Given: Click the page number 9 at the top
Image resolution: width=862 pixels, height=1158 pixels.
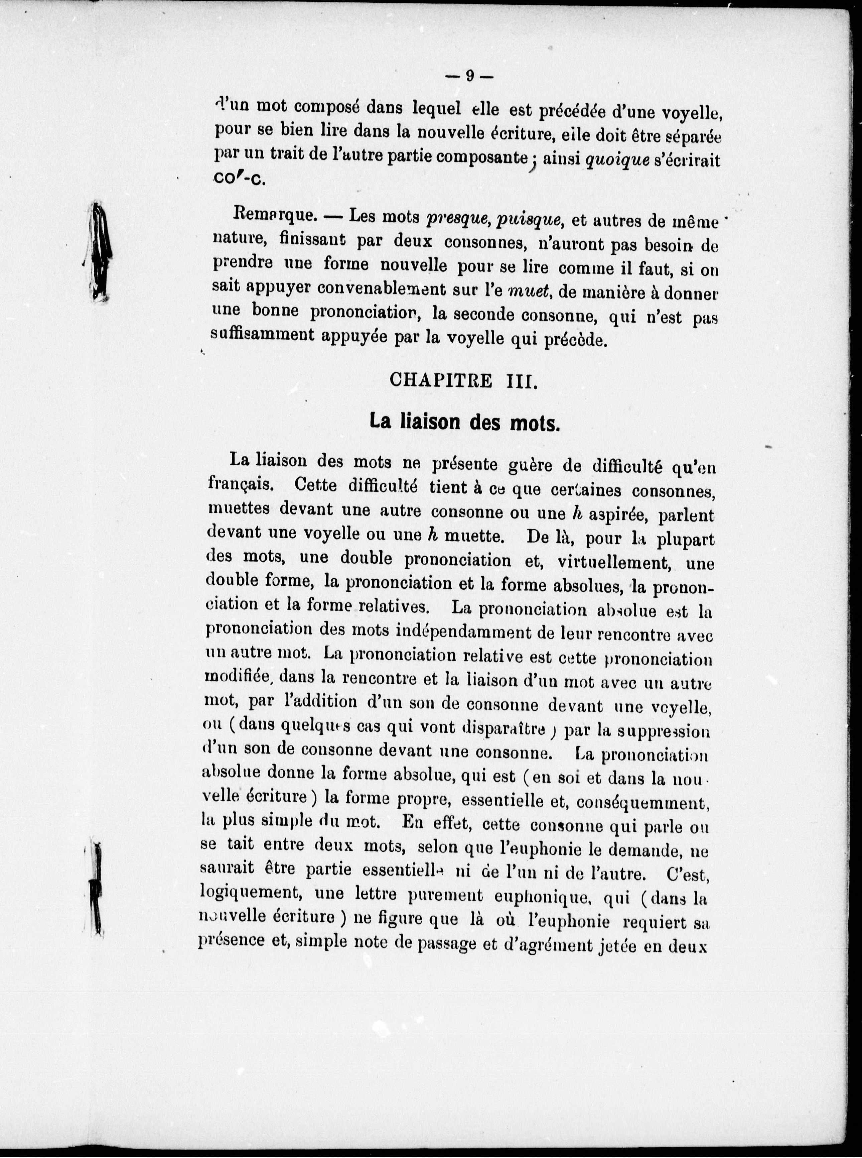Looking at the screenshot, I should click(x=469, y=76).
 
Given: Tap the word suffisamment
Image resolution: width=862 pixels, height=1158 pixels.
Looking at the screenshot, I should click(x=263, y=336).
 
